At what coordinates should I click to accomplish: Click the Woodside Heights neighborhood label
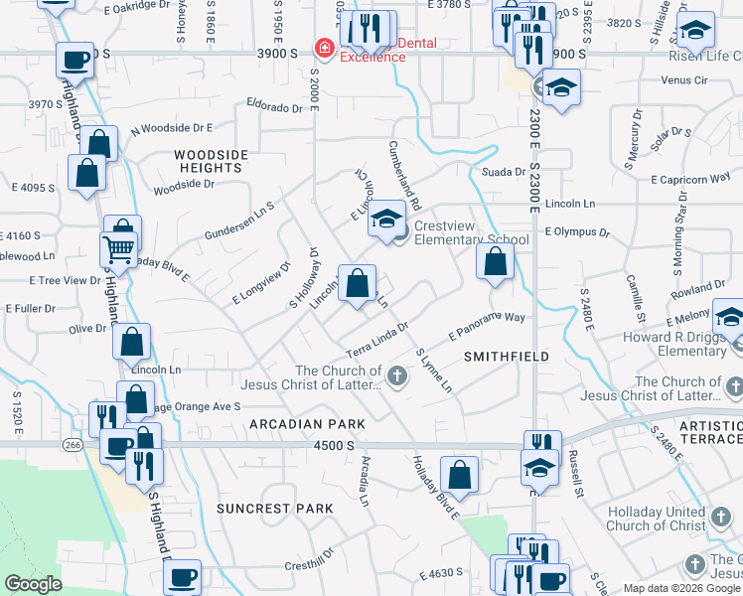208,161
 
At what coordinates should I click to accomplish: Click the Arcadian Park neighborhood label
293,424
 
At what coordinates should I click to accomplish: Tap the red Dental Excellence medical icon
323,48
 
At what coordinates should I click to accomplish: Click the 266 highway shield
72,443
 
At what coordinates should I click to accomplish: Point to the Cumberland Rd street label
405,172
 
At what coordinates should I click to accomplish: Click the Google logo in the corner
33,584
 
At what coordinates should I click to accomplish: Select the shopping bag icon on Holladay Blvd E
460,475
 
